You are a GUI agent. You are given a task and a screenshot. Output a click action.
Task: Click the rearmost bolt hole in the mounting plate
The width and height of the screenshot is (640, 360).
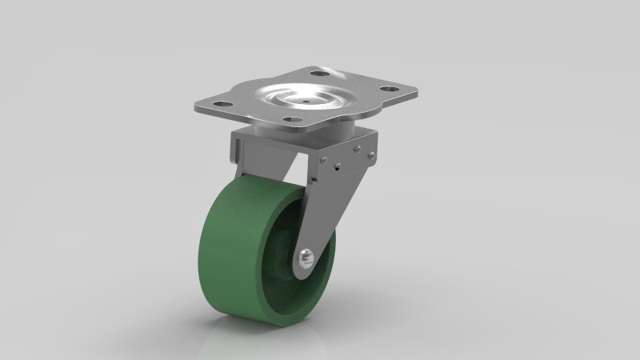click(319, 74)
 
